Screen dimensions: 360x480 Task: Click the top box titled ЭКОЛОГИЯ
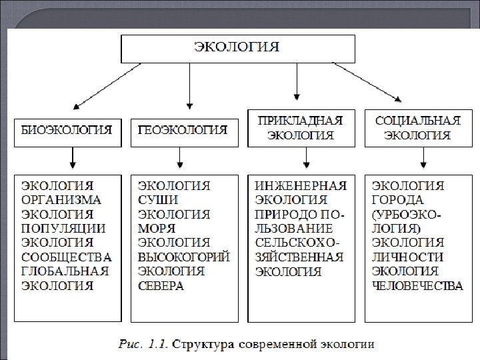coord(237,48)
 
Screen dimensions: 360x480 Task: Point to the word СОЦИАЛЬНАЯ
coord(418,121)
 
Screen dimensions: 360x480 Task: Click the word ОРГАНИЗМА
coord(62,199)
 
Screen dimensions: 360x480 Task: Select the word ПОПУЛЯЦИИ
coord(62,229)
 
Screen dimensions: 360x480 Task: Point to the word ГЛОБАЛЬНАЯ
coord(64,271)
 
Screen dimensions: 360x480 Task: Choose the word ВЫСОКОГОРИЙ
coord(184,257)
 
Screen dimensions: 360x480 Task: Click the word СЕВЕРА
coord(161,286)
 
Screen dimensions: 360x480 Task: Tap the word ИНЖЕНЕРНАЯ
coord(301,185)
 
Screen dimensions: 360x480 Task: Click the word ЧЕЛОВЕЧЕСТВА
coord(417,286)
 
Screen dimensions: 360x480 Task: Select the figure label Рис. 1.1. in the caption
coord(143,345)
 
